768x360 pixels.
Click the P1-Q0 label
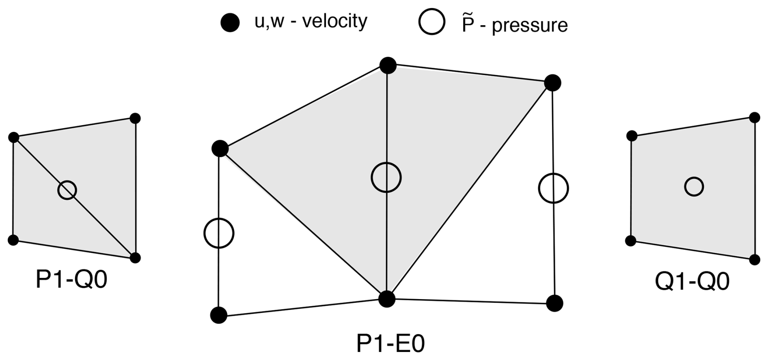click(71, 280)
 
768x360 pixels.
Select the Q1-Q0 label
click(692, 281)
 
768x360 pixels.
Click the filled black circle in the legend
click(230, 23)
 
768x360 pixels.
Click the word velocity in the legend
click(335, 21)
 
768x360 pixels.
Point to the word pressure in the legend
click(530, 25)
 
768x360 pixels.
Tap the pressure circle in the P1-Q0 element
click(67, 190)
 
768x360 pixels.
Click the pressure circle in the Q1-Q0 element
click(694, 187)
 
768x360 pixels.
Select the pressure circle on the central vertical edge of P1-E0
click(386, 177)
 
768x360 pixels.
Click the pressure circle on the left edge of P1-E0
click(219, 233)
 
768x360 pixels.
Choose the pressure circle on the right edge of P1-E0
click(553, 188)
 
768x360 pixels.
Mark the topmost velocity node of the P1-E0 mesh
click(388, 65)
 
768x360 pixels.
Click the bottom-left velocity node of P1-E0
click(219, 315)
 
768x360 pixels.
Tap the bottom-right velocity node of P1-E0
click(554, 303)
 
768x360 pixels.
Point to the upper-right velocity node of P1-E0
click(552, 83)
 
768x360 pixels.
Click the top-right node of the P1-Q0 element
click(135, 119)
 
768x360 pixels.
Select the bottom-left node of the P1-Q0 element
click(13, 240)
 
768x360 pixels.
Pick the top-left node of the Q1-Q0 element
click(632, 136)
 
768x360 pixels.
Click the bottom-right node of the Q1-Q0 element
click(755, 260)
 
